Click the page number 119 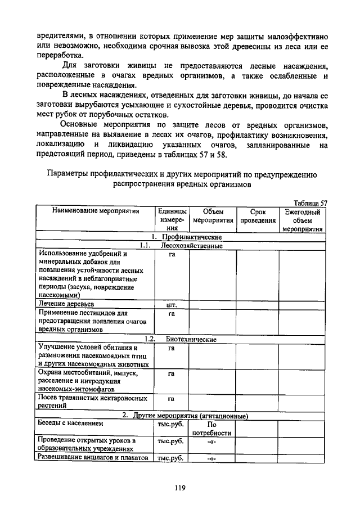(x=179, y=488)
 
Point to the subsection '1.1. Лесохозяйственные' (x=179, y=246)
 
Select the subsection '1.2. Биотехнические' (x=179, y=339)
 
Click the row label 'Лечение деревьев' (x=65, y=304)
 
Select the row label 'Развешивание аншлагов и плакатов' (x=92, y=458)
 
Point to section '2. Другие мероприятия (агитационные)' (x=186, y=415)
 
